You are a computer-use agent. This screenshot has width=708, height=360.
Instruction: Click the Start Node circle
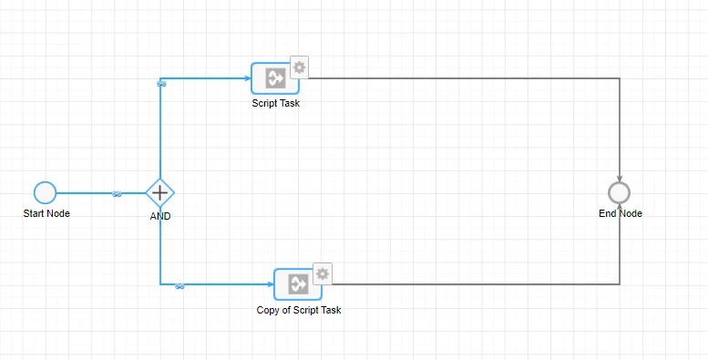(46, 193)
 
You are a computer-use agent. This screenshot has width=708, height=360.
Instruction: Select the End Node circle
(619, 193)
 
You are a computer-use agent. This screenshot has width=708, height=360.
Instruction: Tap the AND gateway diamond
(159, 193)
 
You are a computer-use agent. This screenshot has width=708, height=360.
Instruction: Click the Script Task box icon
(275, 78)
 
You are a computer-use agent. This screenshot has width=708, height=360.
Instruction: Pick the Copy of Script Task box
(298, 284)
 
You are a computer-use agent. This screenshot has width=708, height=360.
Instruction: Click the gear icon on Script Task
(299, 67)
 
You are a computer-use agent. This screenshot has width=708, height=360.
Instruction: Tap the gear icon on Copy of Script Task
(323, 273)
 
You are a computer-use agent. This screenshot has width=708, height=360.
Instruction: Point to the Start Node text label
(46, 213)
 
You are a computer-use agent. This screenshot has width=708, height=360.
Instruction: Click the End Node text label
(621, 213)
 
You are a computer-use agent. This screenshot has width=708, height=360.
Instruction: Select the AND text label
(160, 216)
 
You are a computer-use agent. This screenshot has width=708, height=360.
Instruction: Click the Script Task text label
(276, 103)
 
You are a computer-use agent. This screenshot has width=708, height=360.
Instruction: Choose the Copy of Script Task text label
(299, 310)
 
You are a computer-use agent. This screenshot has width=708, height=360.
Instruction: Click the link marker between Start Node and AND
(117, 194)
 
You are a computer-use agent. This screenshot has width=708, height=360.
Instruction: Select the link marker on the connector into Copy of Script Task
(180, 286)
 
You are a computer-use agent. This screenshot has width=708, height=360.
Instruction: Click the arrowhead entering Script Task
(248, 78)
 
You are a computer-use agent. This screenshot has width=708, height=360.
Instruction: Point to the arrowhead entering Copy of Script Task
(271, 284)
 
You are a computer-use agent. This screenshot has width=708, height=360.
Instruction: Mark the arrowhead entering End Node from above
(620, 179)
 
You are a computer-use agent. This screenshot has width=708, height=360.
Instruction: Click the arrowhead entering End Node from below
(620, 207)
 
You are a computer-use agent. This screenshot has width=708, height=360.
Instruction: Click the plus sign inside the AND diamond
(159, 193)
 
